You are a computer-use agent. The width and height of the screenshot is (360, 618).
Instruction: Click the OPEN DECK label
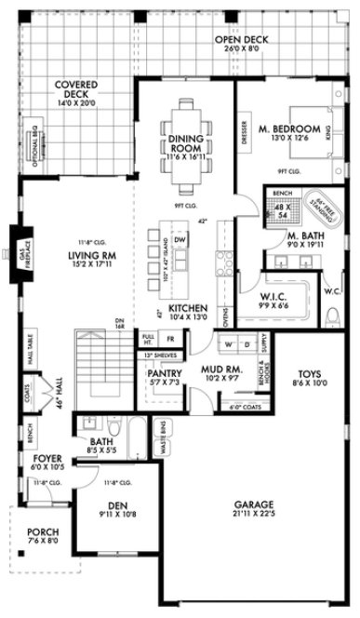click(x=240, y=40)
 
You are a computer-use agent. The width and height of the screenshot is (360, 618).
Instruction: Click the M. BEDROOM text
click(x=289, y=128)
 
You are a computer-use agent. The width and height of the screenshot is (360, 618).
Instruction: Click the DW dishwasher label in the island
click(x=180, y=240)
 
